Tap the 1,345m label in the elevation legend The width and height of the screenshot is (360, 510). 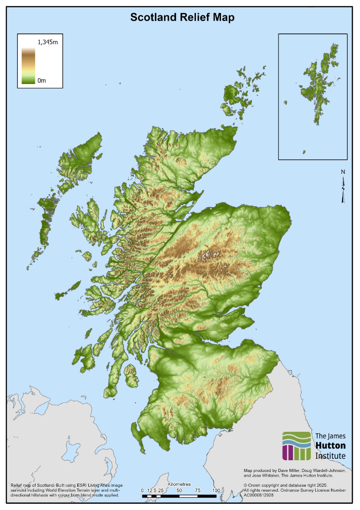tap(48, 42)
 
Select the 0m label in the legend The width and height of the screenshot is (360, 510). tap(42, 80)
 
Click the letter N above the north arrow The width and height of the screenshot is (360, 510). tap(343, 172)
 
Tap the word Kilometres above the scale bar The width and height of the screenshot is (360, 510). tap(179, 484)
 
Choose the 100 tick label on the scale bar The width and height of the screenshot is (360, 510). tap(216, 490)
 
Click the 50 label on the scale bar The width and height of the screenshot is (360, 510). tap(179, 490)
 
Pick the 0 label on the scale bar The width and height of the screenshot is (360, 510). tap(142, 490)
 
